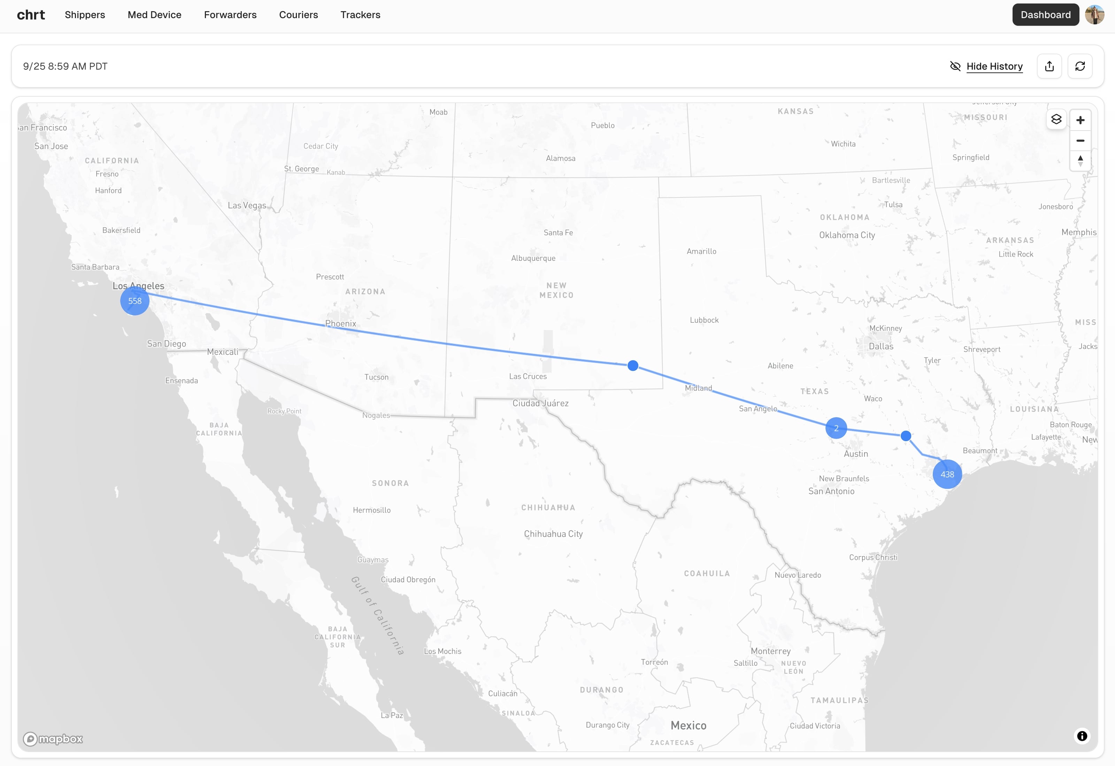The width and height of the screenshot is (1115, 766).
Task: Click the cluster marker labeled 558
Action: coord(134,301)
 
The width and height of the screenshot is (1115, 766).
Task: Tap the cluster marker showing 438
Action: coord(947,474)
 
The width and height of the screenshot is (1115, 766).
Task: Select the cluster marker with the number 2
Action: coord(836,428)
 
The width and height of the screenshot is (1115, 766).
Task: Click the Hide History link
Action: coord(994,66)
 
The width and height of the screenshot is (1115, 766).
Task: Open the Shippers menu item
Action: coord(85,15)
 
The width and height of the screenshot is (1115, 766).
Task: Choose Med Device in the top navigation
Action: coord(155,15)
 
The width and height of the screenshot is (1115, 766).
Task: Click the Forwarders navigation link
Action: coord(230,15)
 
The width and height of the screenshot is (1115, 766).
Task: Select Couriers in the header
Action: coord(299,15)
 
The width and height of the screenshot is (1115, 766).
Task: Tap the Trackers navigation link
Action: coord(361,15)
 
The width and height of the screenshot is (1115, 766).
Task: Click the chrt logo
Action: coord(31,15)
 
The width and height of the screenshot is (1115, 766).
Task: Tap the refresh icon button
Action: coord(1080,66)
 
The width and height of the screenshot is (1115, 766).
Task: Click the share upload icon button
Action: coord(1049,66)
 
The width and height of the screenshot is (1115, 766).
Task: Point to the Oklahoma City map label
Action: coord(847,235)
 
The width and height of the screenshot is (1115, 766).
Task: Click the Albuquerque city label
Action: coord(533,258)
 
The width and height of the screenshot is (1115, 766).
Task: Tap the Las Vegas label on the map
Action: coord(247,205)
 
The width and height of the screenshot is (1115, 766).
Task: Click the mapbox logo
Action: coord(53,738)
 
